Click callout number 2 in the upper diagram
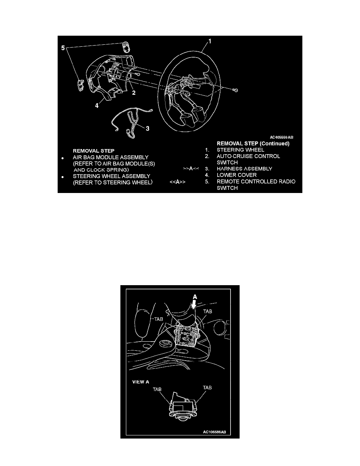pyautogui.click(x=134, y=93)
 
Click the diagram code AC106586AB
pyautogui.click(x=215, y=432)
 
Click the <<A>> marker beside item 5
pyautogui.click(x=177, y=182)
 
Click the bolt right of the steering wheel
pyautogui.click(x=235, y=91)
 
